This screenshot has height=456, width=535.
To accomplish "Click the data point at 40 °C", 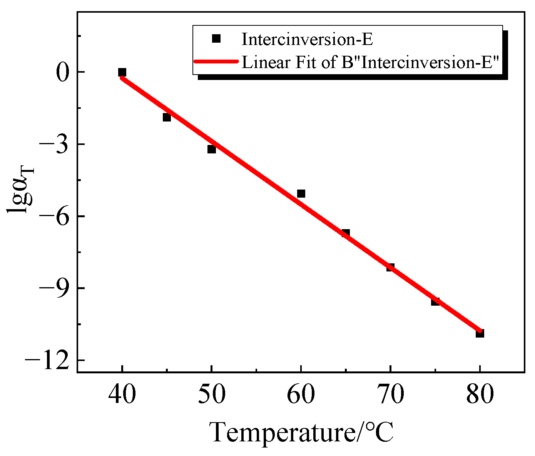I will pos(122,72).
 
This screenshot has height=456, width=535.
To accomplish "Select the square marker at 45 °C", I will pos(167,117).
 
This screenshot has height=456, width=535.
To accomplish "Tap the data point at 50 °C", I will pos(212,149).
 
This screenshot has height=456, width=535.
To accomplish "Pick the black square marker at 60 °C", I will pos(301,193).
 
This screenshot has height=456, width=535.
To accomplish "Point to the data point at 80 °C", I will pos(480,333).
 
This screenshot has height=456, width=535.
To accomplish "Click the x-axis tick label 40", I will pos(122,394).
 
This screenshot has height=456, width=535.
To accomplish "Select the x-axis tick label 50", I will pos(212,394).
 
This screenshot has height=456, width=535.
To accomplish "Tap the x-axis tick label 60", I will pos(301,394).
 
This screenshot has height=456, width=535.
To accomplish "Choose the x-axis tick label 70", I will pos(390,394).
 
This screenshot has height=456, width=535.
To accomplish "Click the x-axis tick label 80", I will pos(480,394).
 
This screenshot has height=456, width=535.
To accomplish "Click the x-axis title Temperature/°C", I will pos(302,432).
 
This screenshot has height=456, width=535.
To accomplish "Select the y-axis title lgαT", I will pos(21,190).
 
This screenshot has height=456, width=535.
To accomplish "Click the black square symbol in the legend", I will pos(216,38).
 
